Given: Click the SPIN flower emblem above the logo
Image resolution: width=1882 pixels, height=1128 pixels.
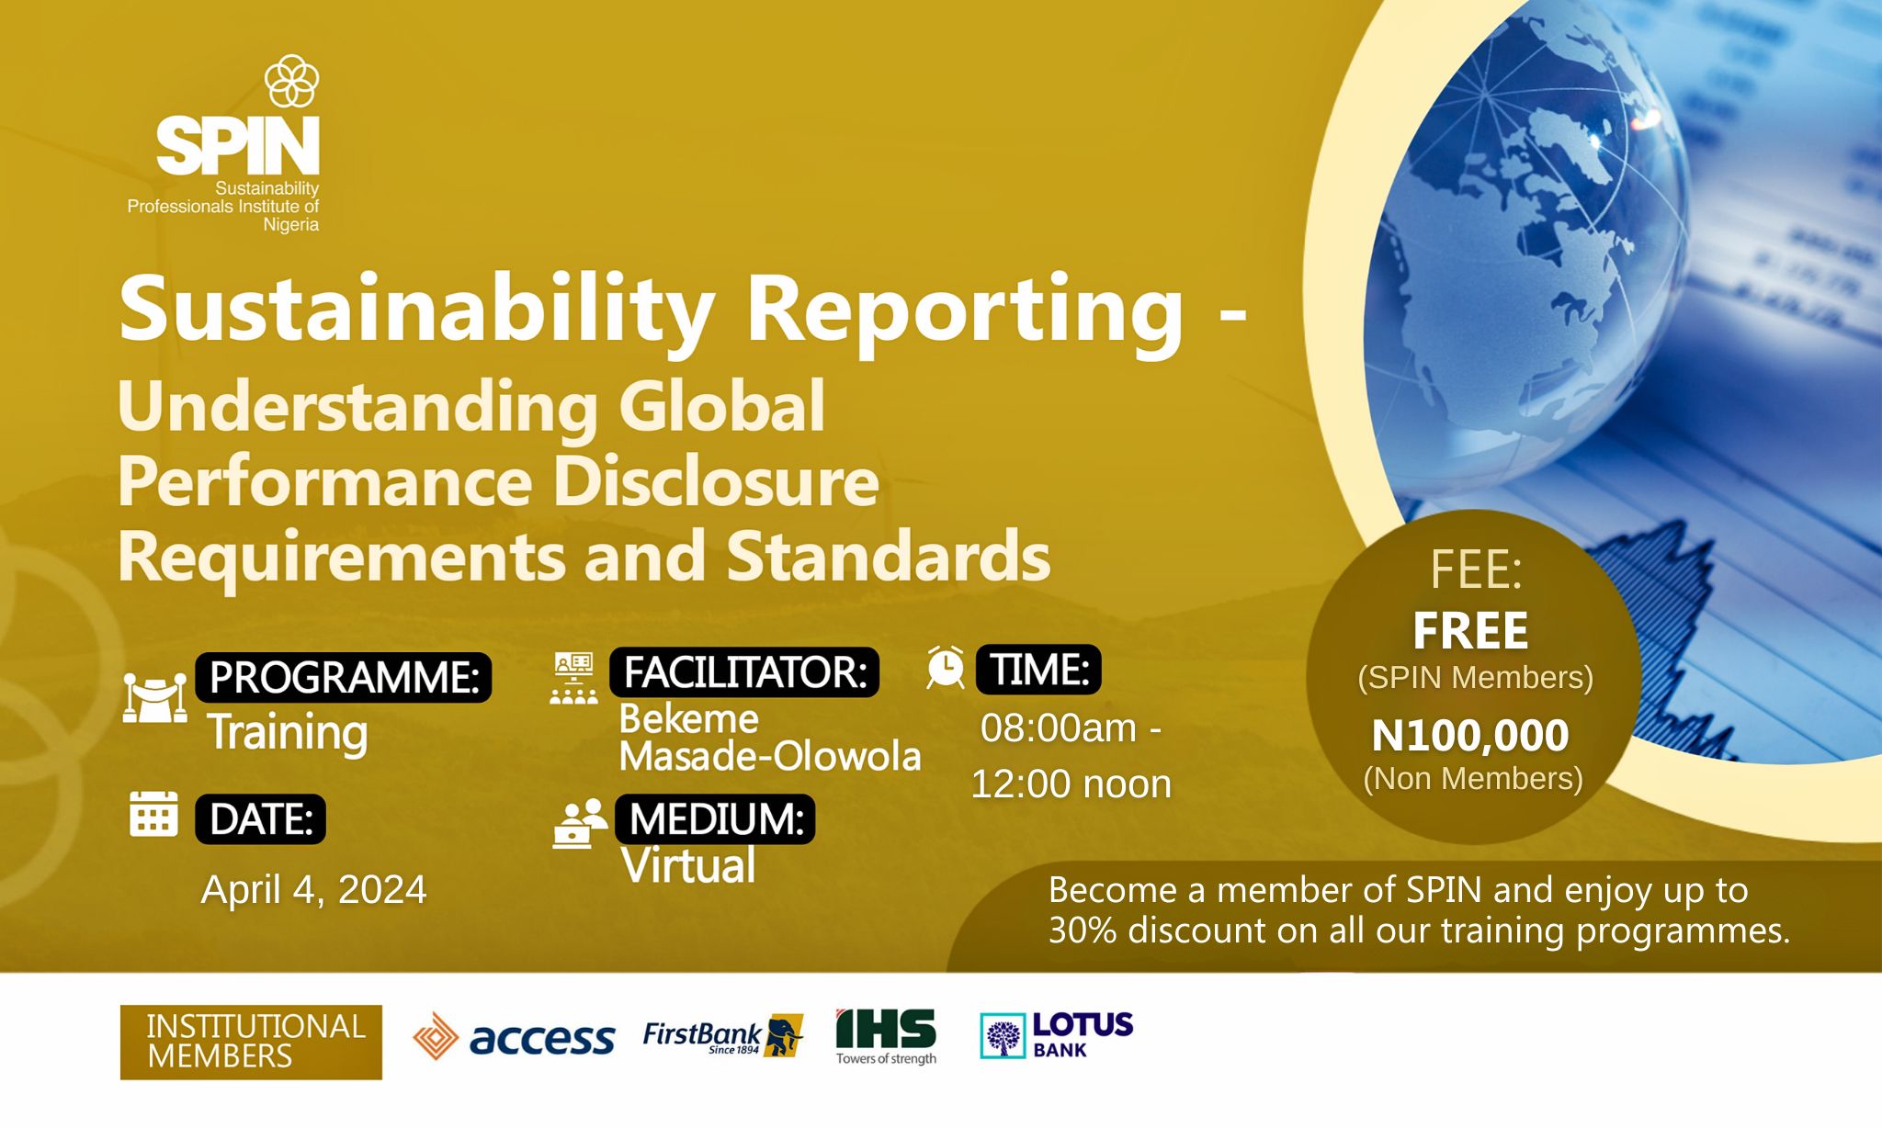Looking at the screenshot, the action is tap(291, 81).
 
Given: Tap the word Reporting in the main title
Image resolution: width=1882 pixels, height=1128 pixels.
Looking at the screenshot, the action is tap(964, 313).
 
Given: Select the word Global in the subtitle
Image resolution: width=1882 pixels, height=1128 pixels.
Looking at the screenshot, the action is tap(721, 406).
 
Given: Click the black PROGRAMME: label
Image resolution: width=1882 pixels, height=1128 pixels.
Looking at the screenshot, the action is tap(343, 677).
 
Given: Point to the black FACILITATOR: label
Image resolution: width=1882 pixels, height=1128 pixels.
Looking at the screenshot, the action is tap(744, 671).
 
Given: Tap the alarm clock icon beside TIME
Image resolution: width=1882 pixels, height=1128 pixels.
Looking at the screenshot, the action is tap(946, 667).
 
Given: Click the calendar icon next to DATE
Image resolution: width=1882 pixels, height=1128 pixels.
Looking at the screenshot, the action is tap(153, 814).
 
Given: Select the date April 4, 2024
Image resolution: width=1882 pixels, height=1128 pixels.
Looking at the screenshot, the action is tap(313, 889).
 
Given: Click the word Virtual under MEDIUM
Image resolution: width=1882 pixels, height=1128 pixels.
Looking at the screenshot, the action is tap(688, 865).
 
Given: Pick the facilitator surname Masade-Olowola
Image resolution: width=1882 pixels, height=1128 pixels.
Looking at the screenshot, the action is tap(770, 756).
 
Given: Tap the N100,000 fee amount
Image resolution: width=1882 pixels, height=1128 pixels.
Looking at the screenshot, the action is tap(1470, 736).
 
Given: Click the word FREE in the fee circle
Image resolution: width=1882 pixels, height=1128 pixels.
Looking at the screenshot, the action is tap(1470, 631).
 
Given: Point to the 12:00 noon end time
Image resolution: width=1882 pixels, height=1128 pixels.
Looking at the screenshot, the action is tap(1071, 784).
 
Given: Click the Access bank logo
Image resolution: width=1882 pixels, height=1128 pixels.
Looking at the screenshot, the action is tap(514, 1037).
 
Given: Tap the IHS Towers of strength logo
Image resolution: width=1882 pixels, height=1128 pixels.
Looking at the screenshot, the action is tap(886, 1036).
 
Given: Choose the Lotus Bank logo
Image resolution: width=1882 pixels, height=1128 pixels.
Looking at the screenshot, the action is tap(1057, 1035).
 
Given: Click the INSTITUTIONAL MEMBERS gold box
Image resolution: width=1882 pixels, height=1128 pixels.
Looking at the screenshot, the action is tap(251, 1042).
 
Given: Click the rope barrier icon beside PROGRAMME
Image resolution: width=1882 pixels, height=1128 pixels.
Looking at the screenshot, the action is tap(154, 699).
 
